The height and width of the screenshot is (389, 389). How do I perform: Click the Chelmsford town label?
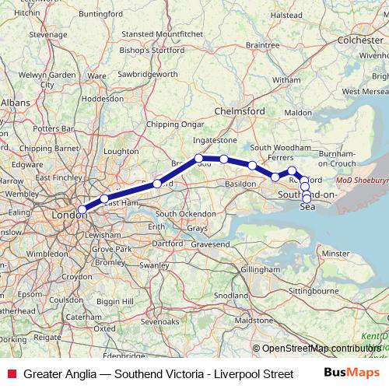(243, 111)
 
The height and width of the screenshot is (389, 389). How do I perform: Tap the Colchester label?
(360, 40)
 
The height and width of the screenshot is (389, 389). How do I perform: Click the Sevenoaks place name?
(160, 321)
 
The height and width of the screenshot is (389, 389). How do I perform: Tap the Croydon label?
(76, 276)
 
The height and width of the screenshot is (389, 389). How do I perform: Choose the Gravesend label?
(211, 244)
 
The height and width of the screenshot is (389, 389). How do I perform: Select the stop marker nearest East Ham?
(104, 198)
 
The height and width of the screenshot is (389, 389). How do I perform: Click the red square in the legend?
(11, 373)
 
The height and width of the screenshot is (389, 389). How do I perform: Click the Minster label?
(336, 254)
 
